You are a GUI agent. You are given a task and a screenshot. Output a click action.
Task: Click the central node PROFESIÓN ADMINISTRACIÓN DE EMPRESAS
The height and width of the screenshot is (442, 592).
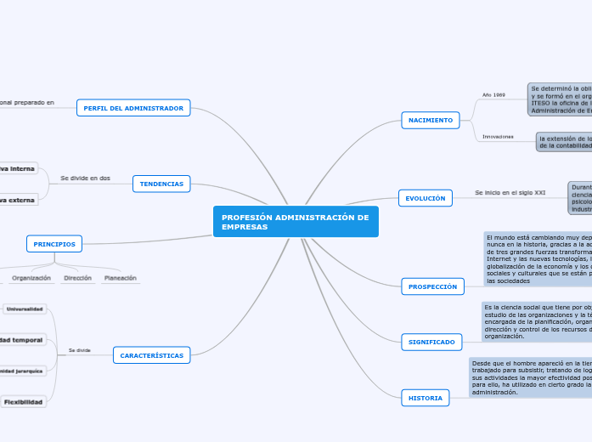[296, 222]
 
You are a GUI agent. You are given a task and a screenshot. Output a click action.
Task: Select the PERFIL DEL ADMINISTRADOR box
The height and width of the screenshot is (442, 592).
[133, 108]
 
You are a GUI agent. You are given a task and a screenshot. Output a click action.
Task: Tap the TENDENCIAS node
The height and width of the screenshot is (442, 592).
[161, 184]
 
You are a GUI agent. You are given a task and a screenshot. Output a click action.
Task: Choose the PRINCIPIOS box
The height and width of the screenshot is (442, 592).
[54, 244]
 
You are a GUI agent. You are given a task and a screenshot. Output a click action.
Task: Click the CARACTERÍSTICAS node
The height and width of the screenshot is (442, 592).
[151, 355]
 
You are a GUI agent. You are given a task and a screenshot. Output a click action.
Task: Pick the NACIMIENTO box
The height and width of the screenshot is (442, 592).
[430, 120]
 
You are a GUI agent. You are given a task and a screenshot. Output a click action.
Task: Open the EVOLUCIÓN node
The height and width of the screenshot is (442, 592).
[425, 198]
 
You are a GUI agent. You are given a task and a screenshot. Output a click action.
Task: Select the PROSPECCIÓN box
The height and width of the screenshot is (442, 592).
[432, 286]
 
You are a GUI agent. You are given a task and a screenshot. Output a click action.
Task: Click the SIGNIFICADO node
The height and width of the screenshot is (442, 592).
[431, 342]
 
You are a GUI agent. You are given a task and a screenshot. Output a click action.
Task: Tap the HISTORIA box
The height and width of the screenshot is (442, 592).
[425, 397]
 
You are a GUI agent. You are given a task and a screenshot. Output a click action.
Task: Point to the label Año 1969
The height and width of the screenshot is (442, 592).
[493, 94]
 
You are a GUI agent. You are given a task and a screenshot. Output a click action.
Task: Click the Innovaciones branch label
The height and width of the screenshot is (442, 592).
[498, 136]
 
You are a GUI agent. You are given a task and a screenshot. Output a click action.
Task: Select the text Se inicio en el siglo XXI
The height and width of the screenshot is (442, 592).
[510, 193]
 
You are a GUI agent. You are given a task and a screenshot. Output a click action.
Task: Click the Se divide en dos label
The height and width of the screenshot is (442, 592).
[85, 178]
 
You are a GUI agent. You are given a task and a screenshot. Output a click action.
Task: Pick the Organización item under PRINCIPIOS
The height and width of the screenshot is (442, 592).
[31, 278]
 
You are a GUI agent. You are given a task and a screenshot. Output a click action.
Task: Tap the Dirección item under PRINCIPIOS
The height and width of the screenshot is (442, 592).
[77, 278]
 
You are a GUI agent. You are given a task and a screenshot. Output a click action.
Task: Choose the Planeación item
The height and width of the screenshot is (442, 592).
[120, 278]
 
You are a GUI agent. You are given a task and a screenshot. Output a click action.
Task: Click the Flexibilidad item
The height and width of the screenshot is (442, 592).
[22, 401]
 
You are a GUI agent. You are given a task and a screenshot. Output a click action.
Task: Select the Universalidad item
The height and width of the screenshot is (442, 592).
[24, 309]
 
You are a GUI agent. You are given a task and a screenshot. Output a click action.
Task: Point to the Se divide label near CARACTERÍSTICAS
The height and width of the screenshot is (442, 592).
[79, 349]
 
